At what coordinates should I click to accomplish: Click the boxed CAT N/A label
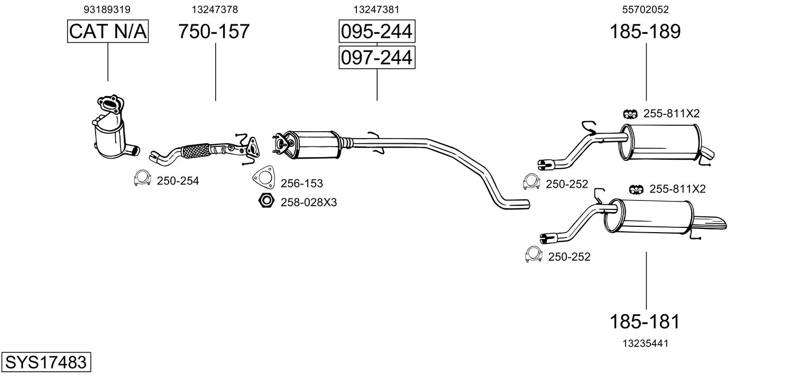(x=108, y=32)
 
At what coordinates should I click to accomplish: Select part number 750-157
(x=214, y=32)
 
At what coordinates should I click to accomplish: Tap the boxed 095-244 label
(x=376, y=32)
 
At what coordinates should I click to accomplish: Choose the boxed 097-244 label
(x=376, y=57)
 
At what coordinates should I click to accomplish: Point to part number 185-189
(x=645, y=32)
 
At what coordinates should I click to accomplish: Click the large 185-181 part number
(x=645, y=321)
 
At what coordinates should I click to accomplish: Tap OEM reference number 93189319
(x=107, y=10)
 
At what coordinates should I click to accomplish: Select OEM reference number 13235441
(x=645, y=343)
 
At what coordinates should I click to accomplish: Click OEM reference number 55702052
(x=645, y=10)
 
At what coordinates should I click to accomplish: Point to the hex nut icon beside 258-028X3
(x=265, y=201)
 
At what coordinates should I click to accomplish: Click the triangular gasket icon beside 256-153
(x=263, y=178)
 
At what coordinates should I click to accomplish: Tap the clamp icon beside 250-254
(x=141, y=179)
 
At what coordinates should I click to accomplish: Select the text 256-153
(x=301, y=184)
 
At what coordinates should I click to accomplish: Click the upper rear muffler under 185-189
(x=661, y=142)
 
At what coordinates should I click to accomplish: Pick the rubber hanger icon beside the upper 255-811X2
(x=630, y=113)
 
